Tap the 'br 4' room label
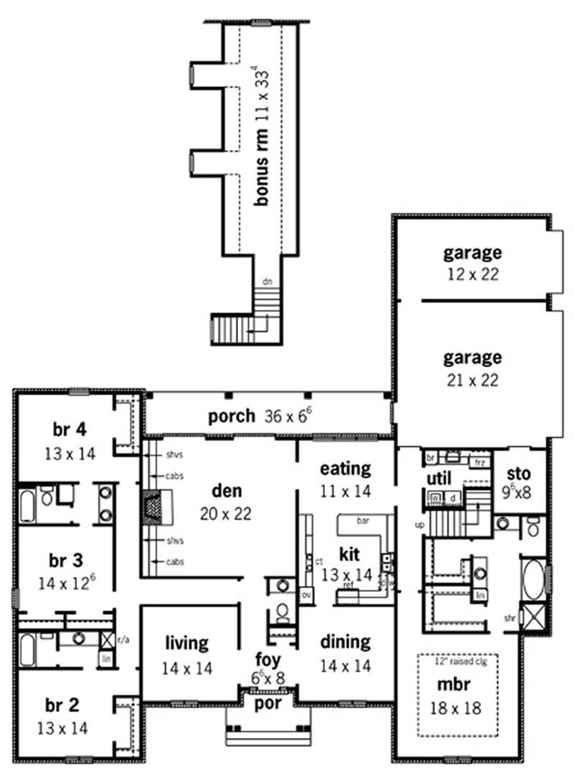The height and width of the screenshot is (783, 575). coord(70,430)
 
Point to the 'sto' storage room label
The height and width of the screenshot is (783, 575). coord(518,473)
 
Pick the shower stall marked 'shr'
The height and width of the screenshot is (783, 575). coord(534,617)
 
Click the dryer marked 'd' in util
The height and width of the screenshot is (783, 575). coord(453,497)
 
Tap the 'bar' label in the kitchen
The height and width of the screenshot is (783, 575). coord(364,521)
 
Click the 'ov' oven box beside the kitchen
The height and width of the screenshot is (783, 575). coord(305,595)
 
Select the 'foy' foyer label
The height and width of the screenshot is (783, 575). coord(268,659)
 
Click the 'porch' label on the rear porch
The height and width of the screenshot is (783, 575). coord(231,416)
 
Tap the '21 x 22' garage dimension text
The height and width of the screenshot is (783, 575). coord(471,380)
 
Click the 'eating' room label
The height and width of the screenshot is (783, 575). coord(345,468)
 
